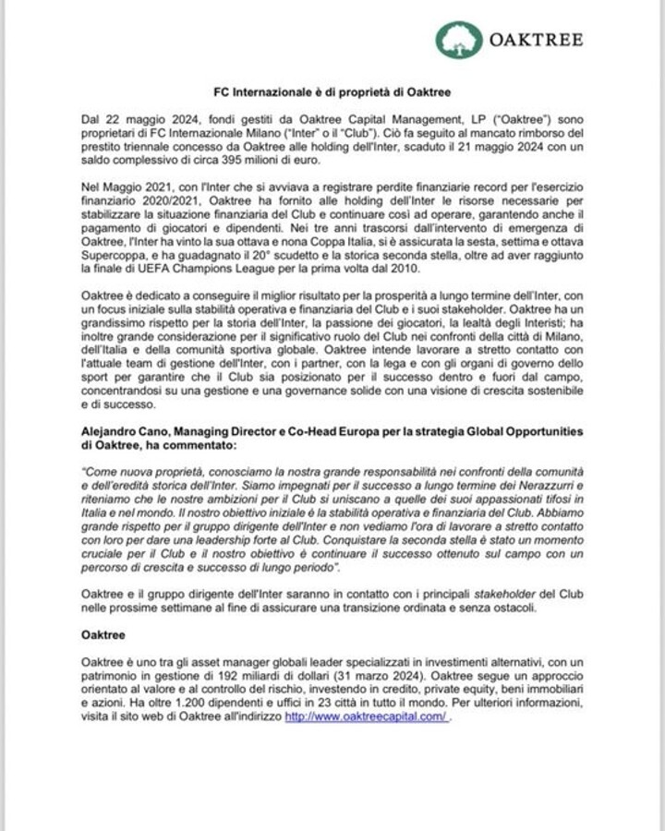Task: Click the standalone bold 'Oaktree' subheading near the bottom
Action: click(101, 637)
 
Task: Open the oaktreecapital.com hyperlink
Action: click(367, 717)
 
